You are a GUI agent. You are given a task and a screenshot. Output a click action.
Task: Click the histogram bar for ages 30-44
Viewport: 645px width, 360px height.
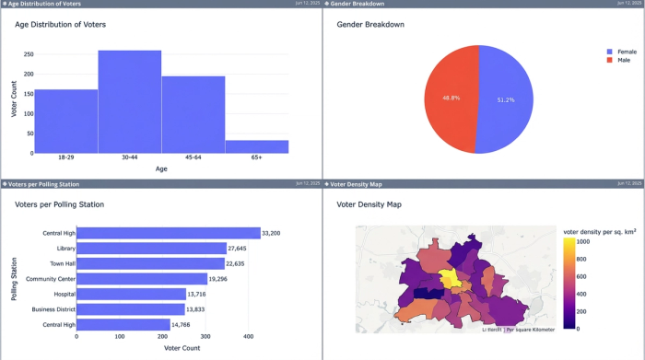(129, 101)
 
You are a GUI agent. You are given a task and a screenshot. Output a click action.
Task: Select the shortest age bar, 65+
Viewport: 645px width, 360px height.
(256, 146)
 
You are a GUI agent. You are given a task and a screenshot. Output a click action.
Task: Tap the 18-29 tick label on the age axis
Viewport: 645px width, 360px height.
(65, 158)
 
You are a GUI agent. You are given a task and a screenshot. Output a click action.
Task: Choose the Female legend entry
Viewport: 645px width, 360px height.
(626, 52)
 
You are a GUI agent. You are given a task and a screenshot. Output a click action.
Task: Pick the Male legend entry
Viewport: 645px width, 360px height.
(622, 60)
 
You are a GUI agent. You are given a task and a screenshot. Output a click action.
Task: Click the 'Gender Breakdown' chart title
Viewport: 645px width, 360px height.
(370, 24)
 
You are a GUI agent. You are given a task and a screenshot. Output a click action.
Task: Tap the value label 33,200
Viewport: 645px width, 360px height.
(275, 233)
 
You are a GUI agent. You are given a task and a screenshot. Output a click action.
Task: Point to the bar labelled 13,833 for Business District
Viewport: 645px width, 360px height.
(133, 309)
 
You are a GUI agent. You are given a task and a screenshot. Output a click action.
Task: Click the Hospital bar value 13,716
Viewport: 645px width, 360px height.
(202, 294)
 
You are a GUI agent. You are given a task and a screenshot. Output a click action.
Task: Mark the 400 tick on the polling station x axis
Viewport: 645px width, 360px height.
(249, 337)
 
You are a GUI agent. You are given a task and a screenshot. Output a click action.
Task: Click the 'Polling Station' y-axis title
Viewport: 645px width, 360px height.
(14, 279)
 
